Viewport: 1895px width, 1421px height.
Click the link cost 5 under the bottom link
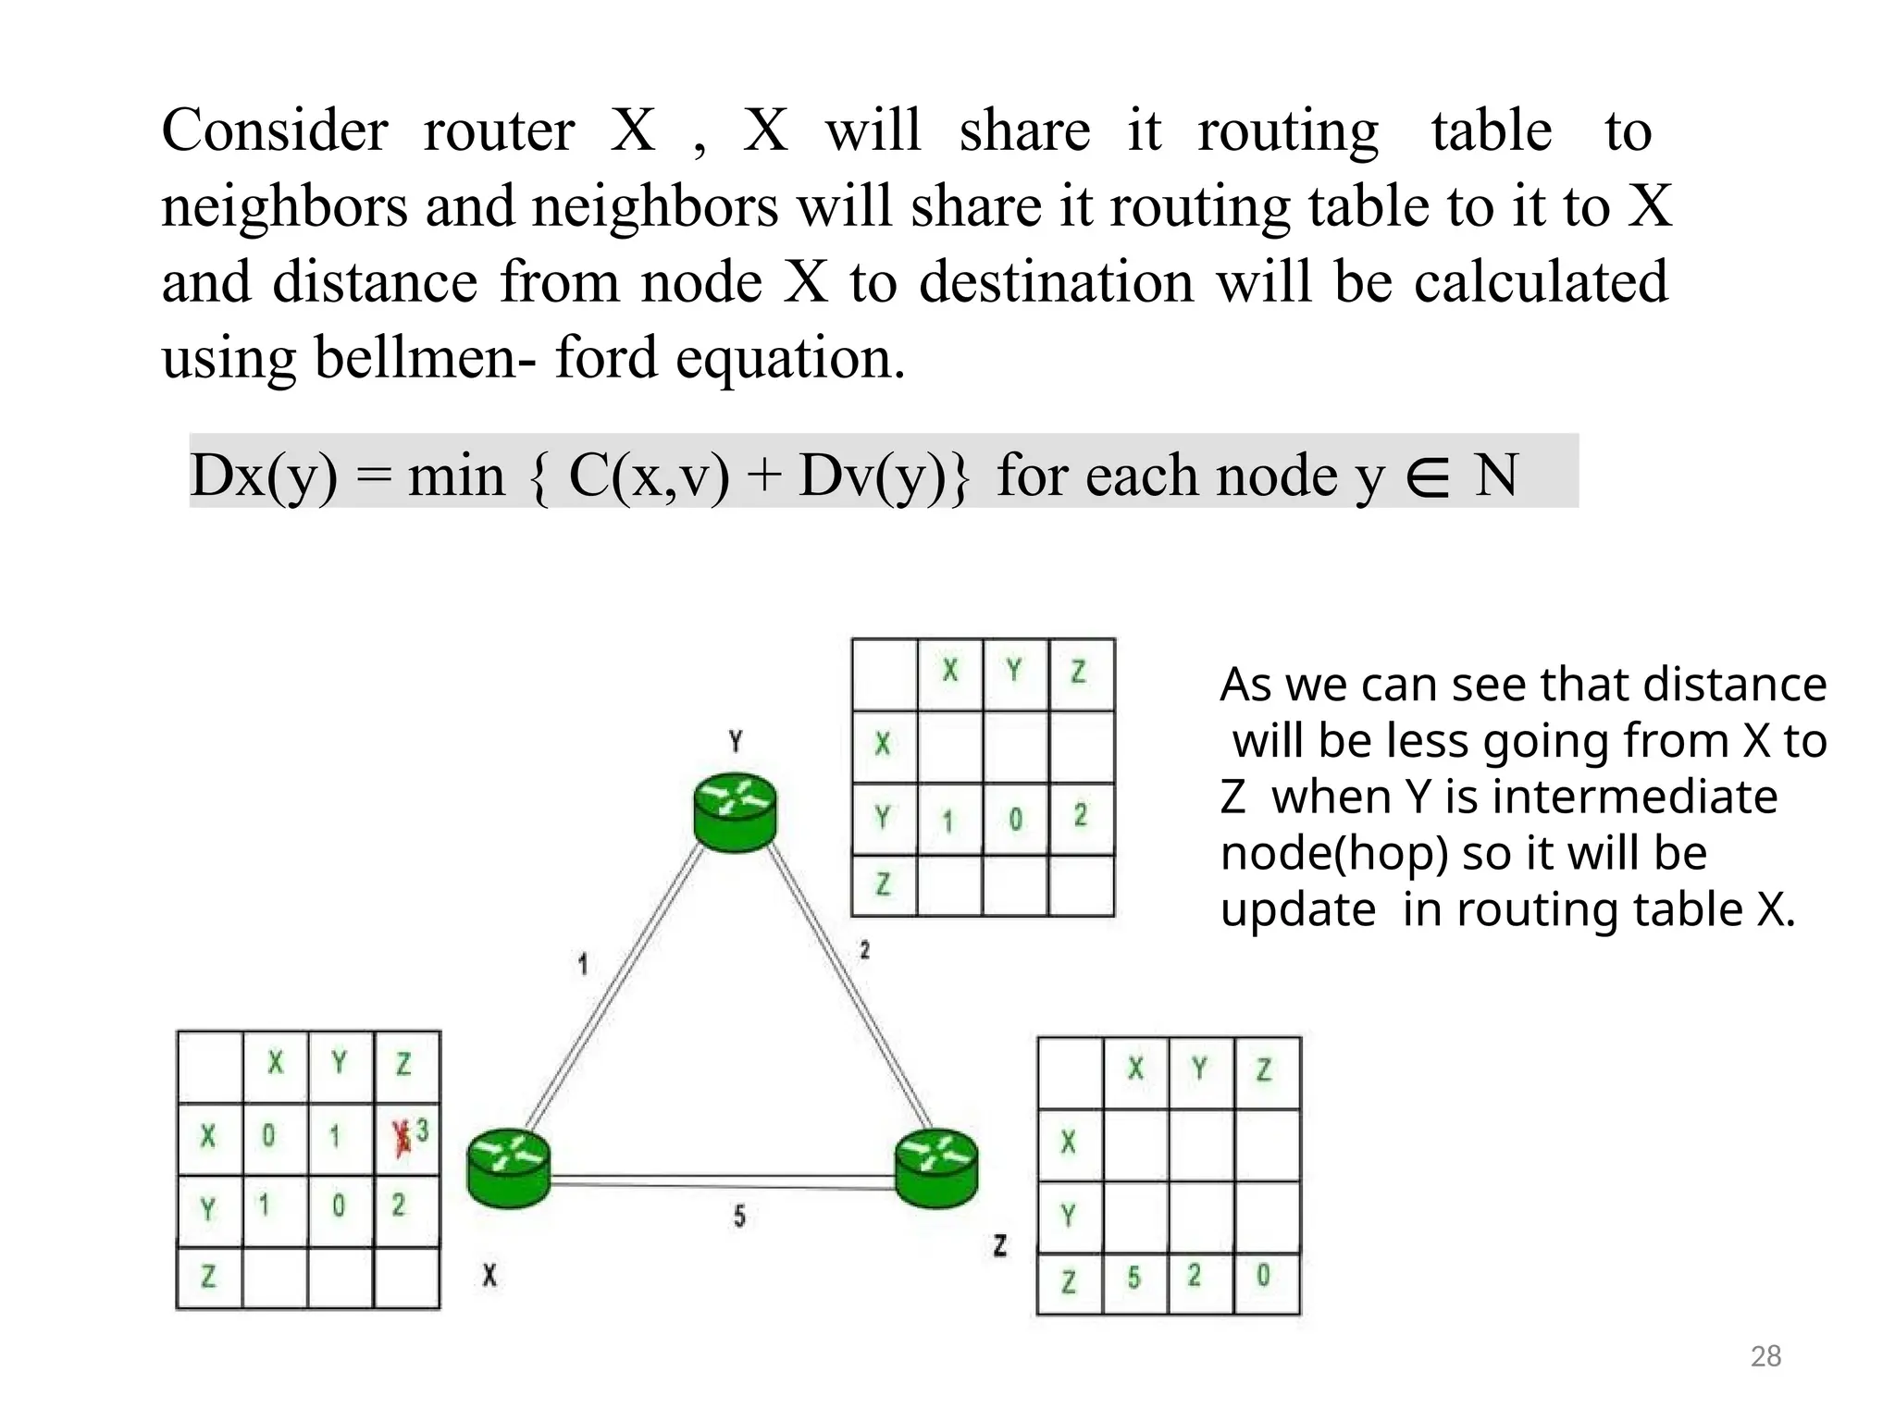pyautogui.click(x=739, y=1217)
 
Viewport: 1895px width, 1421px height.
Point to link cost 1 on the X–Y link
pyautogui.click(x=583, y=965)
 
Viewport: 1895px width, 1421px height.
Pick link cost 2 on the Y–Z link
pyautogui.click(x=864, y=950)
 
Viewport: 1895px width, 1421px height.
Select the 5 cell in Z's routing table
pyautogui.click(x=1134, y=1279)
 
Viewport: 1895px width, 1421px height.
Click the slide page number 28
pyautogui.click(x=1765, y=1356)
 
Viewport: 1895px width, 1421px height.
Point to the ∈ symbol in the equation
pyautogui.click(x=1426, y=477)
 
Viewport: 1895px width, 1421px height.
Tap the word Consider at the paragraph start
pyautogui.click(x=275, y=130)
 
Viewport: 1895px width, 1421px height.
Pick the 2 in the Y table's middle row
pyautogui.click(x=1081, y=816)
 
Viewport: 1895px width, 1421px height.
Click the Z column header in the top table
pyautogui.click(x=1079, y=672)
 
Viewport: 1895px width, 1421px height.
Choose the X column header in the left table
pyautogui.click(x=276, y=1064)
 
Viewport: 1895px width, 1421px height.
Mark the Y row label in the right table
pyautogui.click(x=1069, y=1215)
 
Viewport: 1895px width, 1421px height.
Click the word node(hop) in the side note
pyautogui.click(x=1334, y=853)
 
